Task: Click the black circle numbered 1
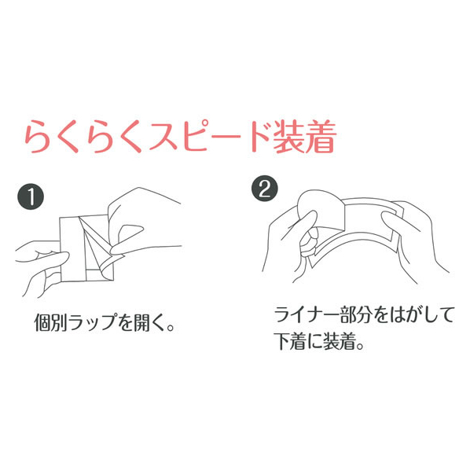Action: [31, 196]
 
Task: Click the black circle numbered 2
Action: [265, 189]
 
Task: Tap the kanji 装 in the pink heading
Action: [288, 137]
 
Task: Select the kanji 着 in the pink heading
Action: [321, 137]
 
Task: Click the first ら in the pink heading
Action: [38, 137]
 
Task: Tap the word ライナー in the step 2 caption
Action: [307, 314]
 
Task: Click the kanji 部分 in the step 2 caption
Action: [356, 314]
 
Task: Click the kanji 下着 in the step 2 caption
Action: [291, 341]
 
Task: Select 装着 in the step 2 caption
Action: [340, 341]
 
